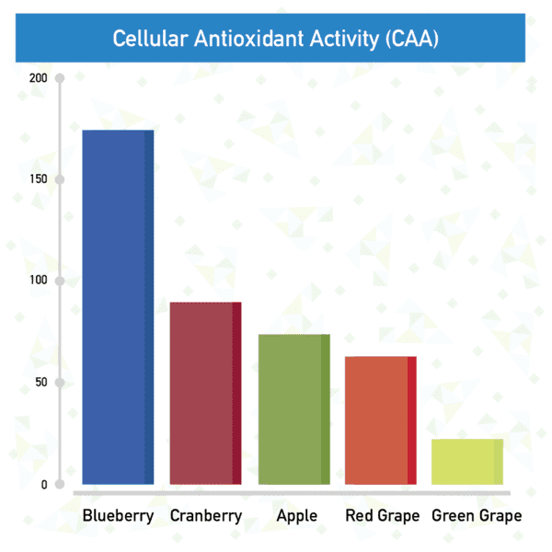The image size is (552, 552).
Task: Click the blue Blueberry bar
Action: point(118,307)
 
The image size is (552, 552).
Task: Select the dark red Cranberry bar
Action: point(205,393)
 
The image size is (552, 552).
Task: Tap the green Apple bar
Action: point(294,409)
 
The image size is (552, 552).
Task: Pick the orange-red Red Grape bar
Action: point(381,420)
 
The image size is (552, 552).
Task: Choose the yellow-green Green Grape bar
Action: point(467,462)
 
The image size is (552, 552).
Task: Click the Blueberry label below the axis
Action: point(118,516)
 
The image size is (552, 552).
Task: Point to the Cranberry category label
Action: point(206,516)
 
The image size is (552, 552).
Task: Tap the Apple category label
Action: point(297,516)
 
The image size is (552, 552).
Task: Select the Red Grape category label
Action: point(383,516)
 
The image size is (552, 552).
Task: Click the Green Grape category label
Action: point(477,516)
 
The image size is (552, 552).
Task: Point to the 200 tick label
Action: point(38,78)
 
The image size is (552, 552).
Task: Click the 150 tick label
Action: point(39,178)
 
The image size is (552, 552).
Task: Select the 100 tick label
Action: point(39,281)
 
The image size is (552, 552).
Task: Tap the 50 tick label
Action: point(41,382)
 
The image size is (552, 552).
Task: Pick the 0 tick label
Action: point(44,485)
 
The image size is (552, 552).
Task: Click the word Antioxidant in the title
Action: point(249,38)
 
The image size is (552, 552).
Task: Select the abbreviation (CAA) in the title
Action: point(412,39)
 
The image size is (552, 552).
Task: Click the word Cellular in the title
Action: point(150,38)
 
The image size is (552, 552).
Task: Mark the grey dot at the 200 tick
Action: point(60,78)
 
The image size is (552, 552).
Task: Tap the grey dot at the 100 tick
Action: point(60,281)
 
